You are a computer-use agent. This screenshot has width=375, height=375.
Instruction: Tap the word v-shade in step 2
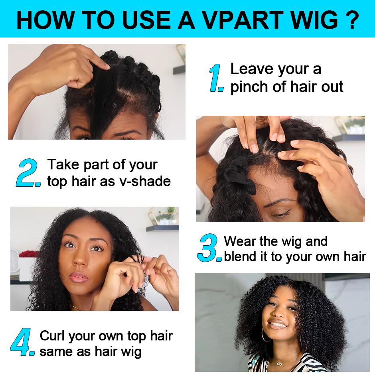145,181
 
